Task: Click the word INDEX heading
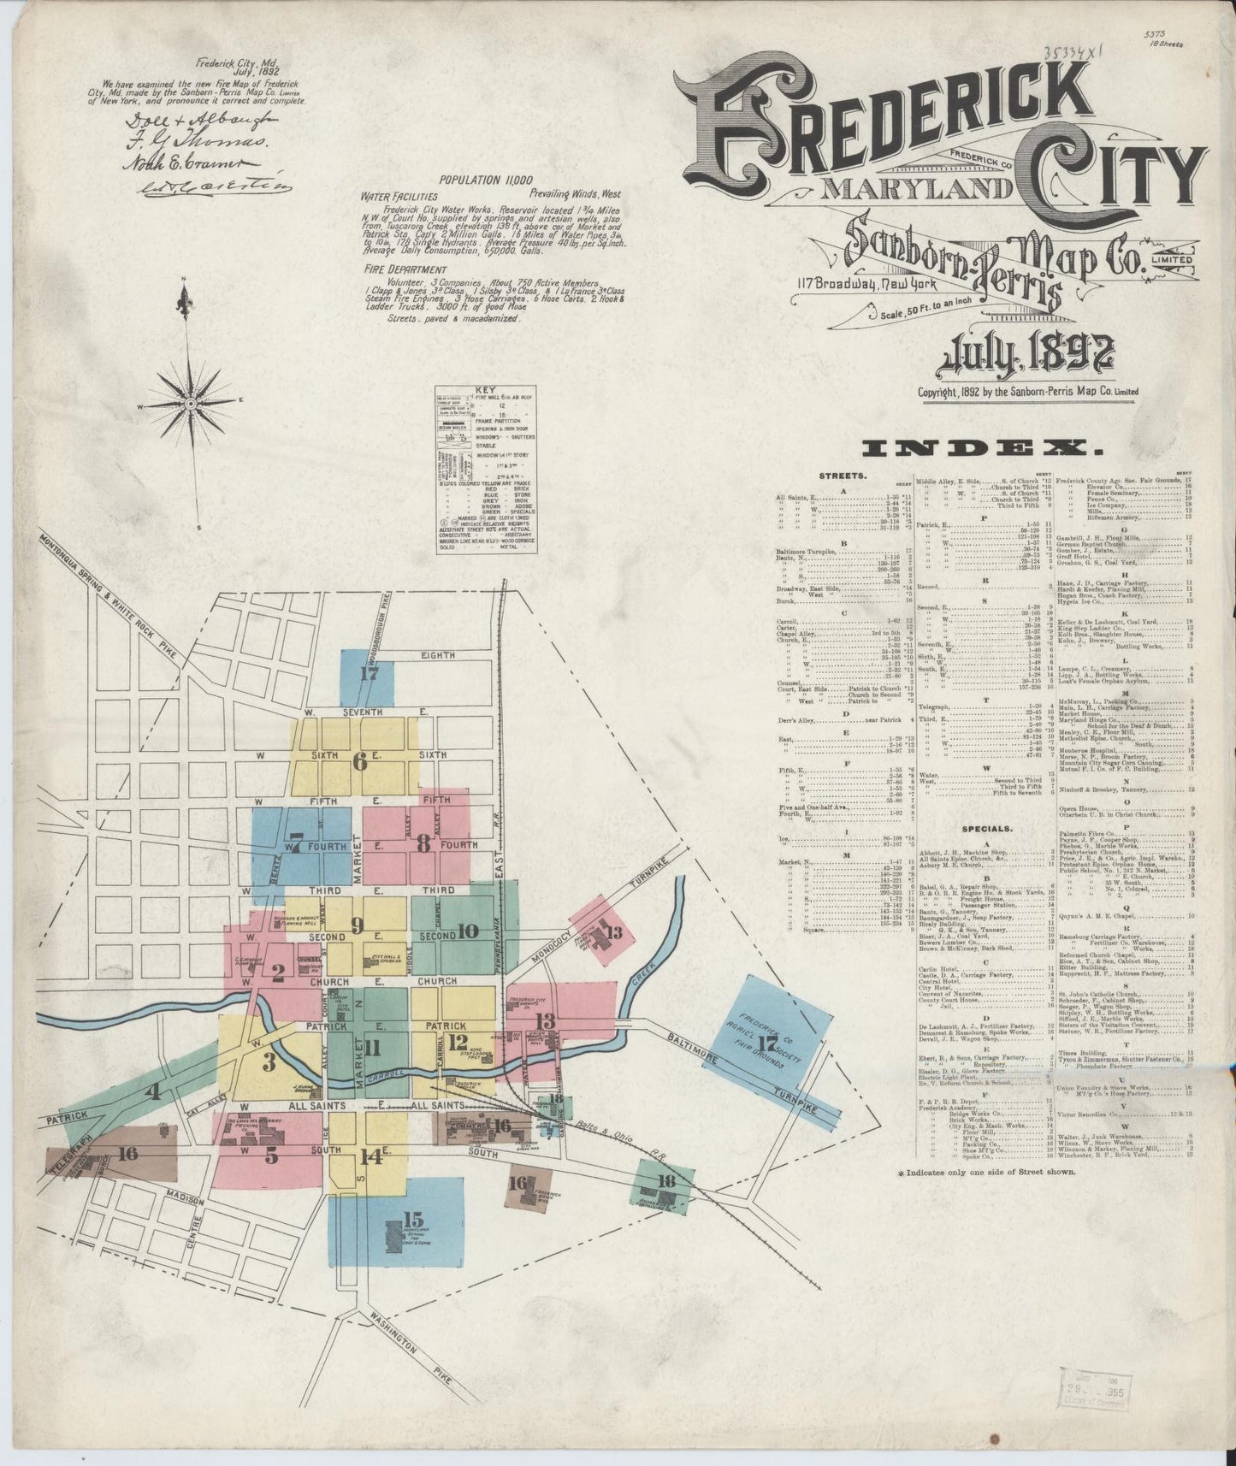[x=982, y=447]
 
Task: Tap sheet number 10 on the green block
[x=467, y=932]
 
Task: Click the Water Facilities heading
[x=396, y=196]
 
